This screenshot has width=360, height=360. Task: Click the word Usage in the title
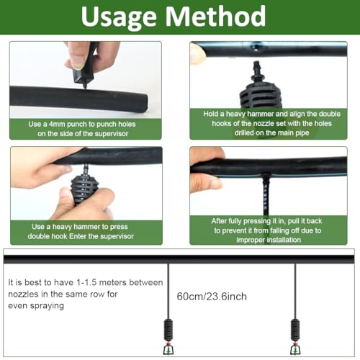[x=119, y=17]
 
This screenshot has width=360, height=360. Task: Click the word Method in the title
[x=215, y=16]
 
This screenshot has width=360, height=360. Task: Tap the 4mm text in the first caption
[x=57, y=124]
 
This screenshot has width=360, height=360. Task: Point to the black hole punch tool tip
[x=84, y=88]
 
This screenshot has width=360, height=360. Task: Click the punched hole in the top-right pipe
[x=256, y=48]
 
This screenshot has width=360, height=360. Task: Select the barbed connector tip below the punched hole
[x=257, y=66]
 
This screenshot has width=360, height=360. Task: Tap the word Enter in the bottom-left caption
[x=78, y=236]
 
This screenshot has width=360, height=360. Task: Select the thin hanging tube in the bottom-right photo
[x=266, y=194]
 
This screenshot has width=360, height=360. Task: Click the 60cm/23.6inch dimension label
[x=212, y=297]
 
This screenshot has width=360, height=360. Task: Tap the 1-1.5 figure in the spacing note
[x=86, y=282]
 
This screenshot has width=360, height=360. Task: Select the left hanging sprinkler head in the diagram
[x=168, y=348]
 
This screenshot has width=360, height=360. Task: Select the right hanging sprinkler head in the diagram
[x=295, y=348]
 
